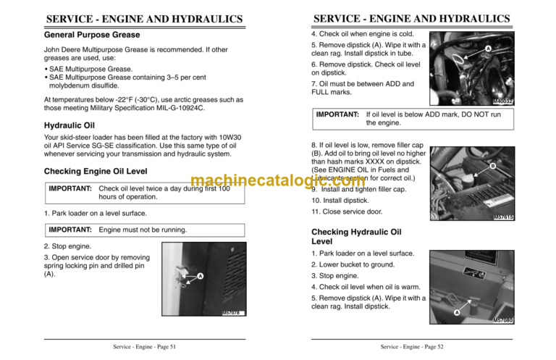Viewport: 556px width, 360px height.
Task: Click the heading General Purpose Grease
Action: pos(92,35)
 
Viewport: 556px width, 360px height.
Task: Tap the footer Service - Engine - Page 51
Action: pos(144,347)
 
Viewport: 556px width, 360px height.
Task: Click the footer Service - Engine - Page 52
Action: pos(411,347)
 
